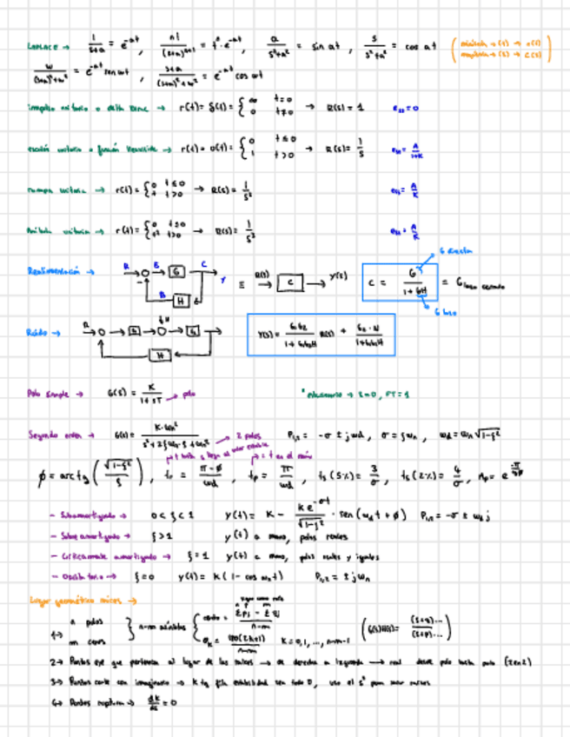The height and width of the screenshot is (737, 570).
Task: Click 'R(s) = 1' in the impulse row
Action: point(345,108)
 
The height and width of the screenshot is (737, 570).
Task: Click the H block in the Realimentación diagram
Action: point(182,300)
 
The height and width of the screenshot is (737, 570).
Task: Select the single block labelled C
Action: point(291,282)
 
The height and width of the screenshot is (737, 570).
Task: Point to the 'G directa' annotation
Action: point(457,251)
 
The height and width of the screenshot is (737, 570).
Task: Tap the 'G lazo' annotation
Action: point(444,313)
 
